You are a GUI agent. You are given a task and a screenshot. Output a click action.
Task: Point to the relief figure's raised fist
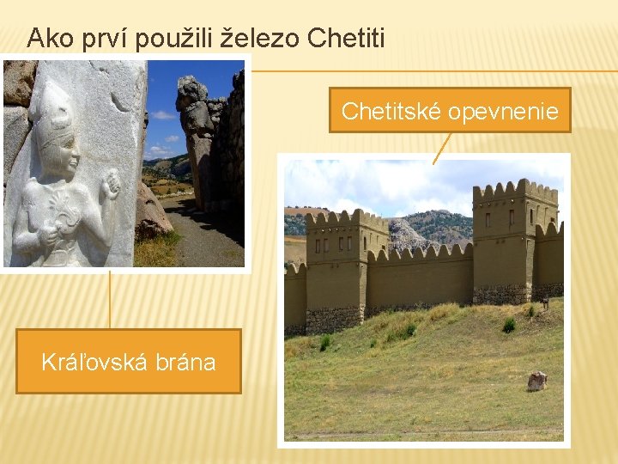coord(110,183)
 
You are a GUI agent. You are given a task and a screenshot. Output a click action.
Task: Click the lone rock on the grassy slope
coord(537,381)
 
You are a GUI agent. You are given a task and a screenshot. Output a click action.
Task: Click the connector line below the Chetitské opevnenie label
coord(441,147)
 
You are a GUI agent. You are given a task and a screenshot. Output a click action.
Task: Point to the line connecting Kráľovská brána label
coord(109,300)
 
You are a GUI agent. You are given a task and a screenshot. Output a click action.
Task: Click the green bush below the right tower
coord(509,325)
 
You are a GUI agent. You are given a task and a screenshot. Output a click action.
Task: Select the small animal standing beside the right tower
coord(544,302)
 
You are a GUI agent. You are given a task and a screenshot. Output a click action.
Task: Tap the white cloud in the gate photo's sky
coord(163,113)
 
